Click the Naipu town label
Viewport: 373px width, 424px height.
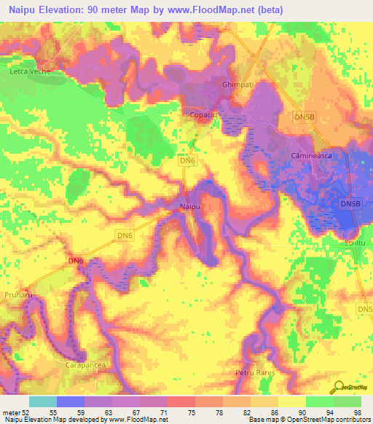tap(189, 208)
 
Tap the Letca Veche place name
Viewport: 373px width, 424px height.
tap(28, 72)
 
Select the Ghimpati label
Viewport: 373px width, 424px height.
tap(237, 85)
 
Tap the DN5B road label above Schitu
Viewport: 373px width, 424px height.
tap(350, 205)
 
